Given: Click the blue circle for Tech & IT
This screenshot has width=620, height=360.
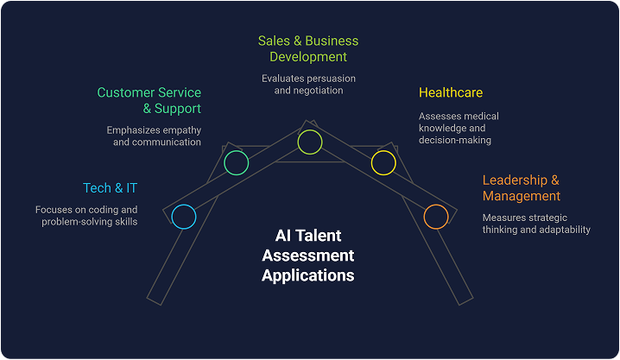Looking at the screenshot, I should coord(184,217).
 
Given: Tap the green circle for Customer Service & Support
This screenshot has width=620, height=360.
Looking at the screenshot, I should coord(236,161).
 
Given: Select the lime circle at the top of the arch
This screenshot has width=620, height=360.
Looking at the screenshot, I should coord(309,142).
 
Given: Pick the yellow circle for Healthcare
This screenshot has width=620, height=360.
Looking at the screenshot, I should coord(383,161).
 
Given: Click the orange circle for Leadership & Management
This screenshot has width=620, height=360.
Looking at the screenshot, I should coord(436,216).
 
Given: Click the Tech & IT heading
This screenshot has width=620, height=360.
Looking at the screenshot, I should coord(110,187).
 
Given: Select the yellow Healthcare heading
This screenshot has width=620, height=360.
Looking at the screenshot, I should coord(451,92).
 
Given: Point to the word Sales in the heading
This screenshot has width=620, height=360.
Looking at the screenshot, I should coord(274,41).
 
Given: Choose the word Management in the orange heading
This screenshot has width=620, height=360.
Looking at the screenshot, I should coord(522,196).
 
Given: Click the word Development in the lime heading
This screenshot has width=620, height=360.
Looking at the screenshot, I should coord(308,57).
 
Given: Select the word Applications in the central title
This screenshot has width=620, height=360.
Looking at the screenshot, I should coord(308,275).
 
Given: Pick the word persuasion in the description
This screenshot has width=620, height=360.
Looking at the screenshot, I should coord(328,78).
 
